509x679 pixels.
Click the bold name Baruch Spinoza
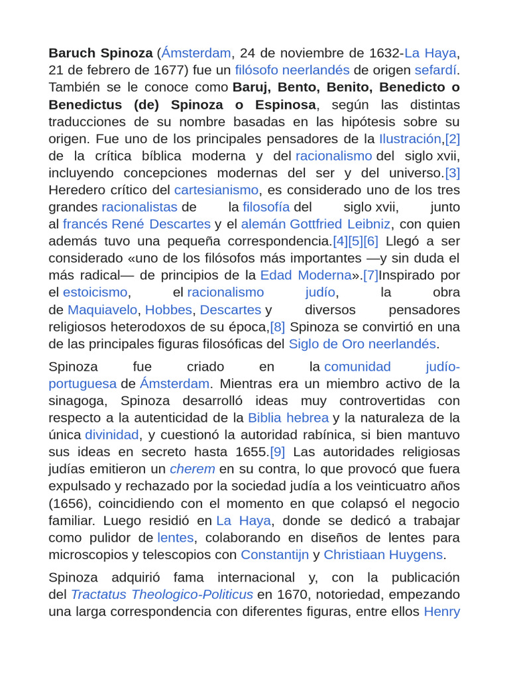100,53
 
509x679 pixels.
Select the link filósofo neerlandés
292,70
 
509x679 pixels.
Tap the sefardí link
437,70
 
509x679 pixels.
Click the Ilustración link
410,139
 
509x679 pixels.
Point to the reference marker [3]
452,173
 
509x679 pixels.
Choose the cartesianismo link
216,190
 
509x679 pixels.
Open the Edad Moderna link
305,275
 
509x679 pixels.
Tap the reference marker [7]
370,275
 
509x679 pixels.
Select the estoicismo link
95,292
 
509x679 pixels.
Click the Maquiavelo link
102,310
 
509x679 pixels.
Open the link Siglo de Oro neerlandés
362,343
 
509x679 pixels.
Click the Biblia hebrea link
288,418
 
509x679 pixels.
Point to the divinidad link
111,435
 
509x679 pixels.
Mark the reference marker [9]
278,452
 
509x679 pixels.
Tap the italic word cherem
192,469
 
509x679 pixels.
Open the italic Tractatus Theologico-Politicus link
162,594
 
